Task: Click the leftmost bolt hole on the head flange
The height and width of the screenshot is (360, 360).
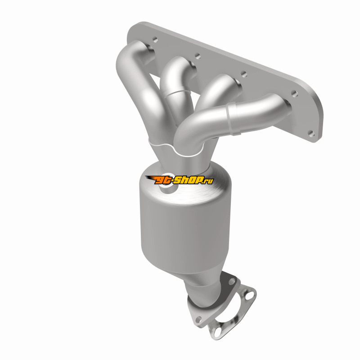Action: [155, 40]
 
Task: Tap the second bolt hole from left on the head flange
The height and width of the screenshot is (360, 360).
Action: [198, 56]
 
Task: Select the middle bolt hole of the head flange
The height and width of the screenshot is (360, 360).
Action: [244, 74]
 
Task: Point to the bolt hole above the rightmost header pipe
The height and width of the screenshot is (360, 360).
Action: [294, 94]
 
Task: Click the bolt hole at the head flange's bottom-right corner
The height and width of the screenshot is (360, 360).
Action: [311, 133]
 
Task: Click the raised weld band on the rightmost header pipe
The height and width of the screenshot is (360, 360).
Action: [232, 119]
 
